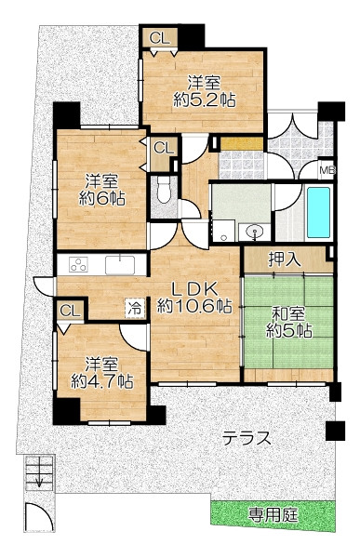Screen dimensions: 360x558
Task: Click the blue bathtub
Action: pos(318,212)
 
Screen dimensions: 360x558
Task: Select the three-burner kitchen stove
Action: pos(78,265)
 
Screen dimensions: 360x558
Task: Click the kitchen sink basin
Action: pos(120,265)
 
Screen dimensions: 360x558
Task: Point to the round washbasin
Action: pos(255,231)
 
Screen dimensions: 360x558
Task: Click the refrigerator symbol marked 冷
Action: pos(135,308)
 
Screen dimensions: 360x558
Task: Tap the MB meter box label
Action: pos(327,170)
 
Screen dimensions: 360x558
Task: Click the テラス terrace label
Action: pos(247,438)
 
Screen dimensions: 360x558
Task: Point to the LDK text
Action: pos(194,289)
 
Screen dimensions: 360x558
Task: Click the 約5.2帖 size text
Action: pos(205,100)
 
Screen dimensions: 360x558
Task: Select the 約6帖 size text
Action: pos(101,199)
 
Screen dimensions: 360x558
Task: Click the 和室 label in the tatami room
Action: pos(288,315)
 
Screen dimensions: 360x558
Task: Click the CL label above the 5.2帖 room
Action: pos(159,38)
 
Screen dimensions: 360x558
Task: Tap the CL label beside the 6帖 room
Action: pos(163,148)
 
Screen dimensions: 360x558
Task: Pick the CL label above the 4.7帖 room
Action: pos(70,311)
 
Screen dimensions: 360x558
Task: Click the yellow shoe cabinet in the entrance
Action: pos(242,143)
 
